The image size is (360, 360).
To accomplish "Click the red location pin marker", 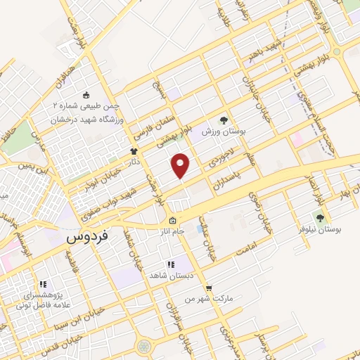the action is [x=181, y=165].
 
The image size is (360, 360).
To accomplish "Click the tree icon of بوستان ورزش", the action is [x=224, y=120].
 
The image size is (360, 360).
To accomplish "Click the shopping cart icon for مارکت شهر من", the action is [x=209, y=288].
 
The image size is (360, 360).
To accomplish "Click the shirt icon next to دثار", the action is [x=133, y=151].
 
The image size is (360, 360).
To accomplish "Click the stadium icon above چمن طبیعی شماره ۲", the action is [x=86, y=96].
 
